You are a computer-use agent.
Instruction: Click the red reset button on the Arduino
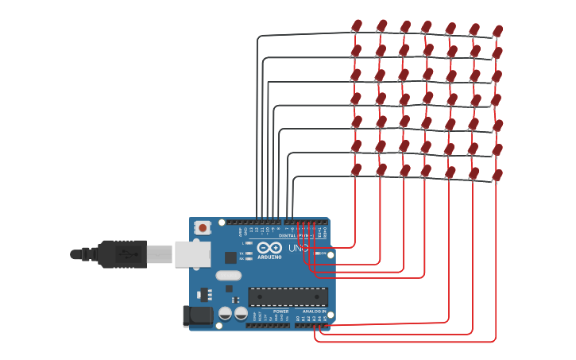point(203,228)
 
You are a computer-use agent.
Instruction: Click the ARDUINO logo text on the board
point(269,257)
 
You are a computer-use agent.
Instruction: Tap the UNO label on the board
point(298,248)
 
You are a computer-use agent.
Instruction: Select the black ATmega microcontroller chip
point(288,297)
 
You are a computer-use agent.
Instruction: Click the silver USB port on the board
point(192,254)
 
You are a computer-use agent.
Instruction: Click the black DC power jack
point(199,315)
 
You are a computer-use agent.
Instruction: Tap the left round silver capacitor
point(226,314)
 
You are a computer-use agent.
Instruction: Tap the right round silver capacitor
point(240,314)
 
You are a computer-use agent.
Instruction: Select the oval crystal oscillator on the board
point(227,276)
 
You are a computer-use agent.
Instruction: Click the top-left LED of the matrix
point(356,27)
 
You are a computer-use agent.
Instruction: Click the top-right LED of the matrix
point(497,32)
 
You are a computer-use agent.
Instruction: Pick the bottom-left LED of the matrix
point(356,170)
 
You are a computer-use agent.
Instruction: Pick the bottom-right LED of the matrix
point(497,175)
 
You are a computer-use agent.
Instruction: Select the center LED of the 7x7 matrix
point(427,100)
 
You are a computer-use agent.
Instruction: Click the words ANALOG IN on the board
point(313,311)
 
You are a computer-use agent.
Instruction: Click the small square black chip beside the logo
point(230,257)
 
